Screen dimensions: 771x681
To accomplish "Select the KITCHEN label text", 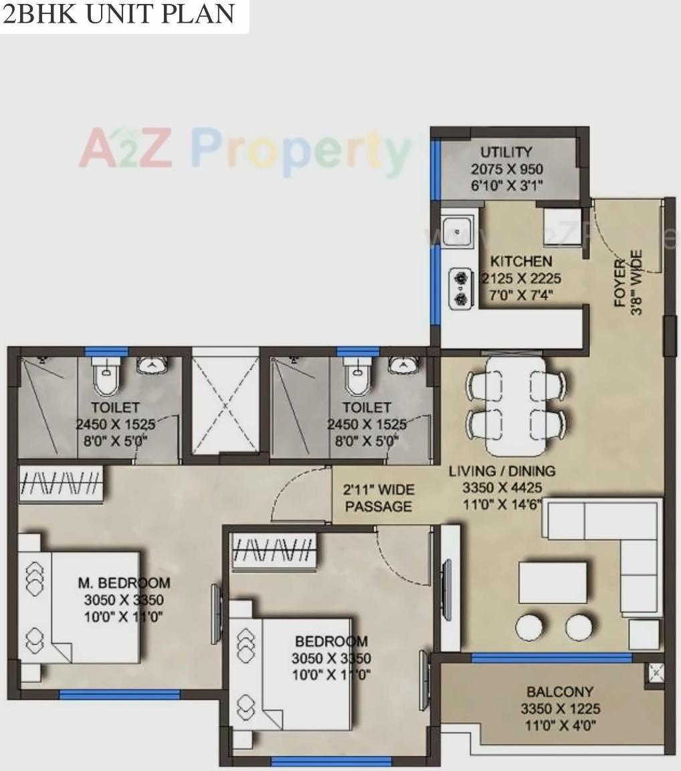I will click(x=521, y=261).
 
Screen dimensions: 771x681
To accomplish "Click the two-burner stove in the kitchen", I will click(x=460, y=287).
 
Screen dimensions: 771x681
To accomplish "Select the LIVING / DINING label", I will click(x=502, y=471).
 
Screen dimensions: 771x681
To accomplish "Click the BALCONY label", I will click(x=559, y=692).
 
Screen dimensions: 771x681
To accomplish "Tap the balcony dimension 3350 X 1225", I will click(x=560, y=709).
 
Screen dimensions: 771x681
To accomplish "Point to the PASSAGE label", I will click(x=378, y=507).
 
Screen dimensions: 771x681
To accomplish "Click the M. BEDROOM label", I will click(x=124, y=583).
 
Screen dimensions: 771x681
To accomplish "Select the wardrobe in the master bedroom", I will click(x=60, y=482).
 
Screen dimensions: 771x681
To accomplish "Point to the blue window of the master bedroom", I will click(x=119, y=695).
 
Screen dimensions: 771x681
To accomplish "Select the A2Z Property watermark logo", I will click(x=244, y=150).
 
